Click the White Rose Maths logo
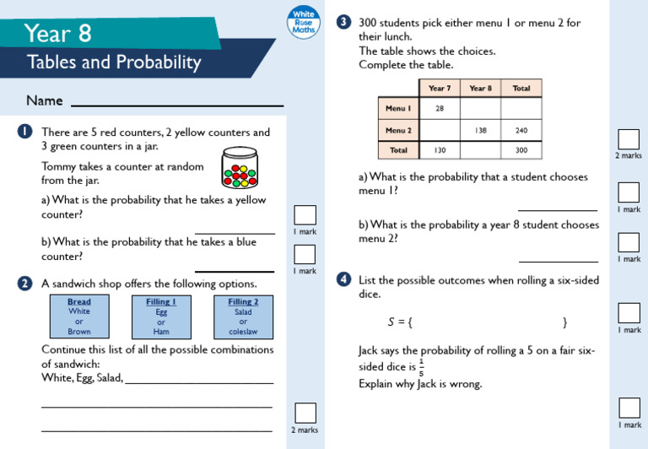click(x=302, y=22)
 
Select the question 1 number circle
click(x=24, y=132)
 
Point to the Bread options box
click(x=79, y=316)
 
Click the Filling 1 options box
click(x=161, y=316)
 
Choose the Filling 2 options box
click(x=243, y=316)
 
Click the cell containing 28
click(x=440, y=108)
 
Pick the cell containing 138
click(x=480, y=130)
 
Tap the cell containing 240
click(x=521, y=130)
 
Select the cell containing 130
click(x=440, y=150)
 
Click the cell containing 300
click(x=521, y=150)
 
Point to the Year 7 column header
click(x=440, y=88)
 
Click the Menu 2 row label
click(x=398, y=130)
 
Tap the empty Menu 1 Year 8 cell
click(x=480, y=108)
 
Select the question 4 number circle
click(x=343, y=279)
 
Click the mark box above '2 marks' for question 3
click(x=628, y=139)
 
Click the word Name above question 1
click(x=45, y=100)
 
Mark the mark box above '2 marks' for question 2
click(x=305, y=413)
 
